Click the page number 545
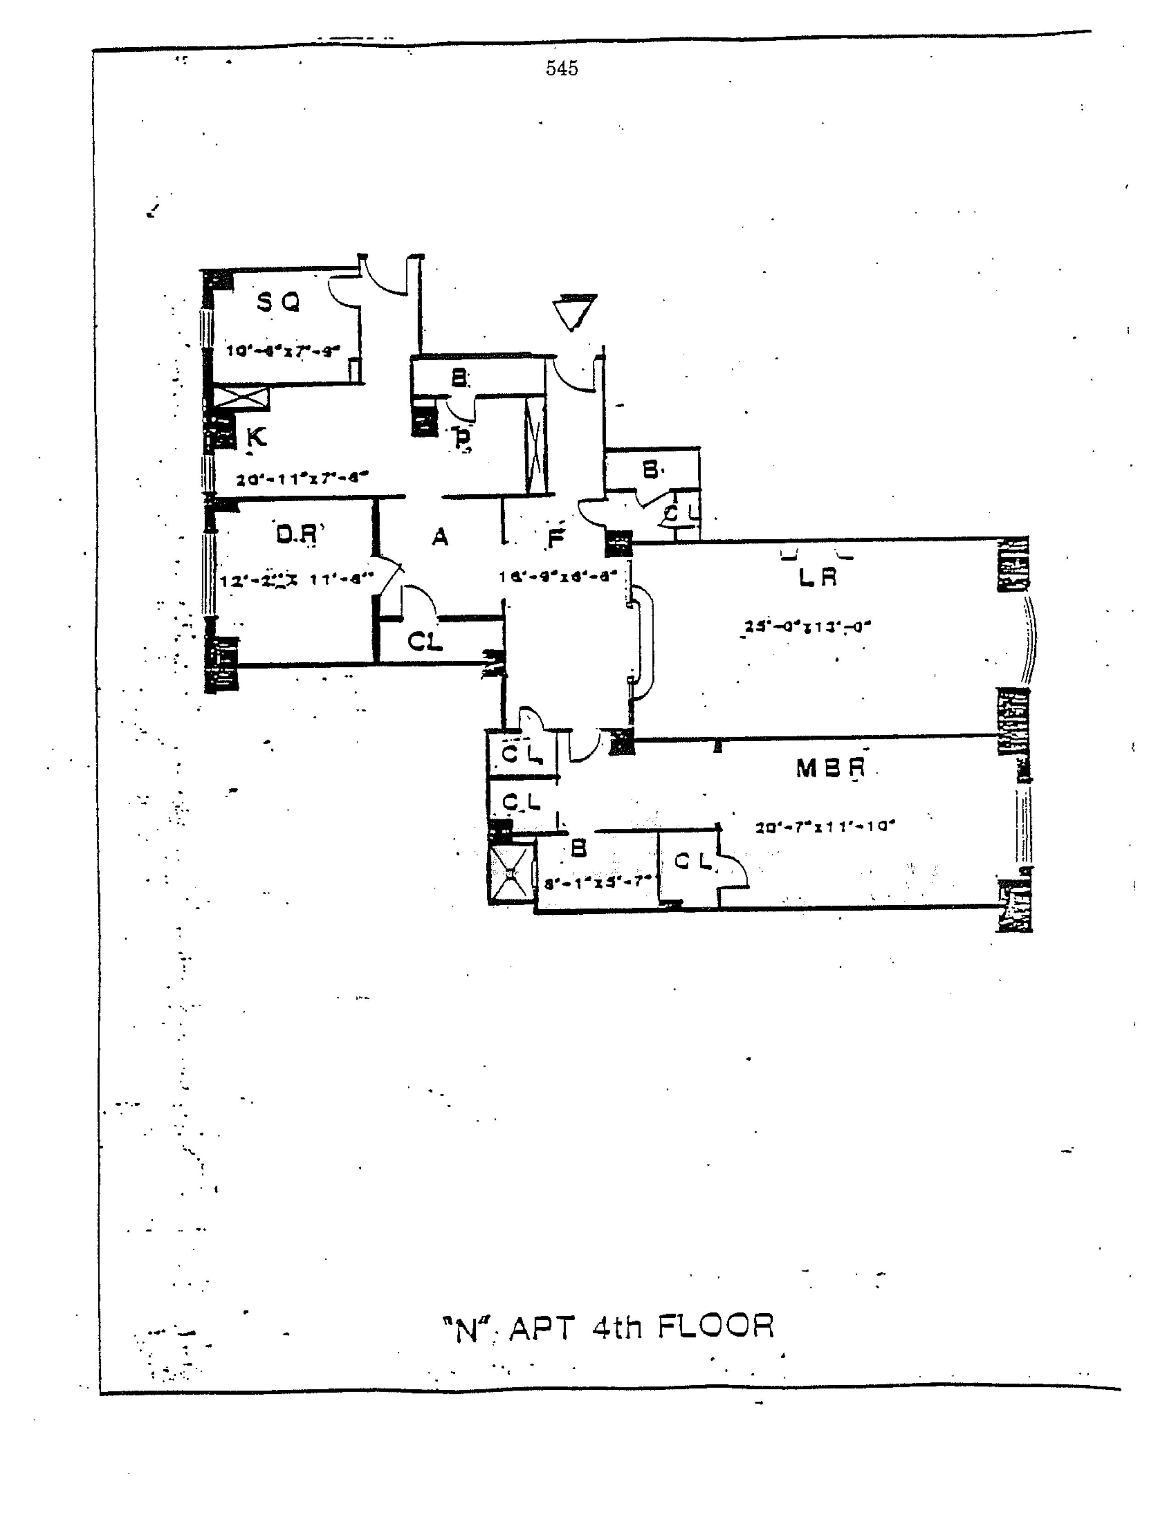pyautogui.click(x=562, y=68)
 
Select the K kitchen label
pyautogui.click(x=256, y=438)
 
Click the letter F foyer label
pyautogui.click(x=555, y=538)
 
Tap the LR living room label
pyautogui.click(x=817, y=577)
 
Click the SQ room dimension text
pyautogui.click(x=283, y=351)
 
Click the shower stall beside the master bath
pyautogui.click(x=511, y=873)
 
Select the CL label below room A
pyautogui.click(x=424, y=641)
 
